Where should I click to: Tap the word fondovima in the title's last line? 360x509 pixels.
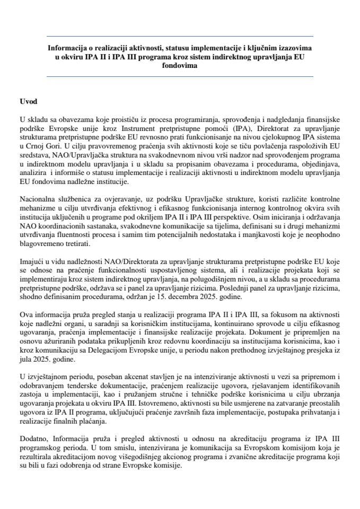[180, 66]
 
